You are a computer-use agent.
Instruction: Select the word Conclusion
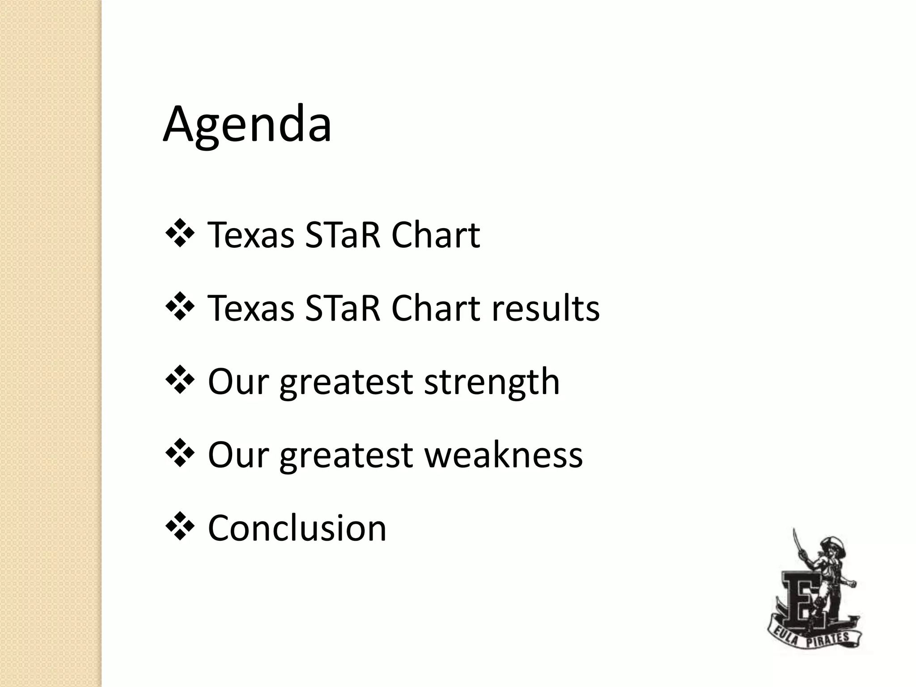(297, 528)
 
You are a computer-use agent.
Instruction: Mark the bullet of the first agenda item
(180, 233)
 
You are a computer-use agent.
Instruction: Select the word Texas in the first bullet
(251, 235)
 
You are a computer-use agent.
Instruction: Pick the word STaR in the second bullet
(343, 309)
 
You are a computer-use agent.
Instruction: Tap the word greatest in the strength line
(346, 383)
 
